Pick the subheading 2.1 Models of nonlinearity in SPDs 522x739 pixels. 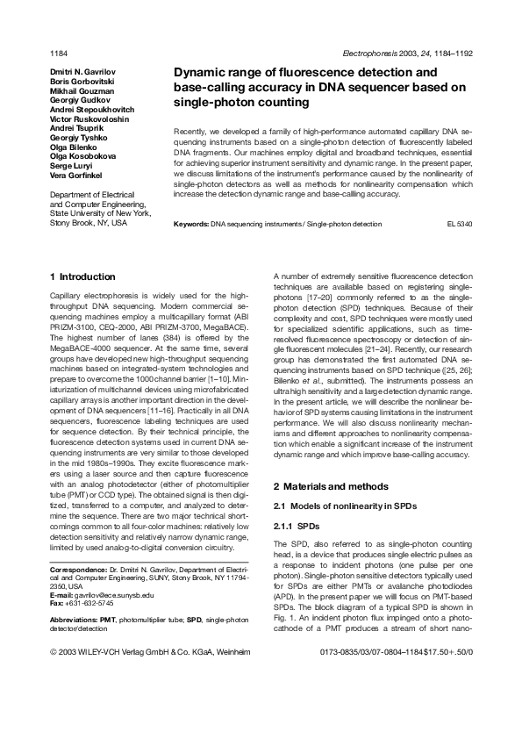tap(337, 506)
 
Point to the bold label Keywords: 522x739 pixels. tap(191, 225)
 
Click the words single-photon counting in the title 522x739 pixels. tap(230, 103)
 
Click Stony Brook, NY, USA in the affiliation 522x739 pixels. tap(88, 223)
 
